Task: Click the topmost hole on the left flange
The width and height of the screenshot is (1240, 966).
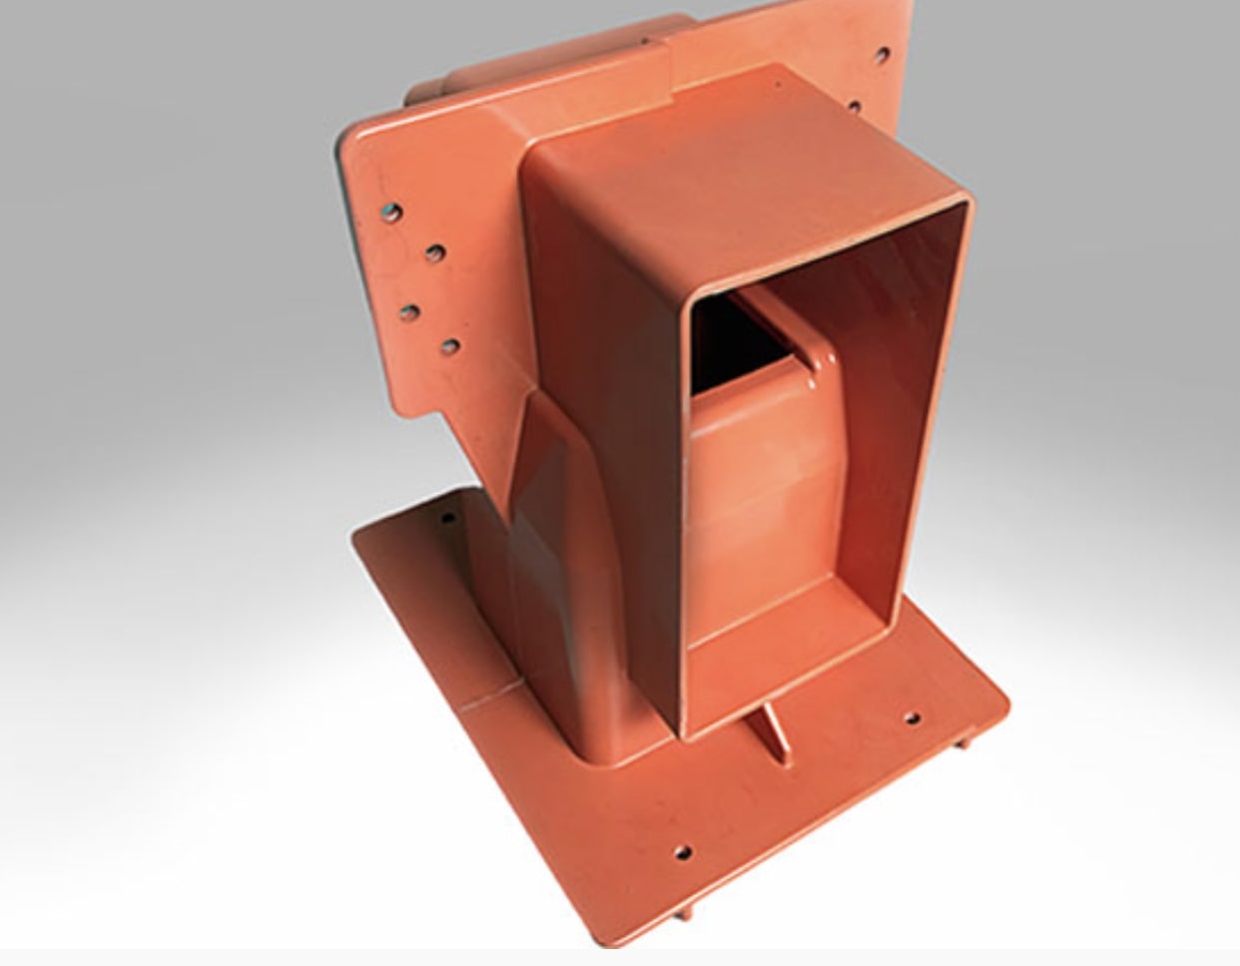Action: [x=392, y=213]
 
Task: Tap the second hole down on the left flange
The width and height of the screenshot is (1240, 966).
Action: [x=434, y=253]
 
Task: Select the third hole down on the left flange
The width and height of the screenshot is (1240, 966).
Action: [x=408, y=312]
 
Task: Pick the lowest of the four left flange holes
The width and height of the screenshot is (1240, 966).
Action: [x=450, y=347]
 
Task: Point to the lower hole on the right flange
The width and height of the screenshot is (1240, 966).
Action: [x=855, y=105]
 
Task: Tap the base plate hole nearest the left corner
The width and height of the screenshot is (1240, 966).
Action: [x=447, y=519]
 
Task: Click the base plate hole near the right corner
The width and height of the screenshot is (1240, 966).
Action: [x=912, y=718]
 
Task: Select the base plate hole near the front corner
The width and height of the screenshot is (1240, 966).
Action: [x=683, y=852]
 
